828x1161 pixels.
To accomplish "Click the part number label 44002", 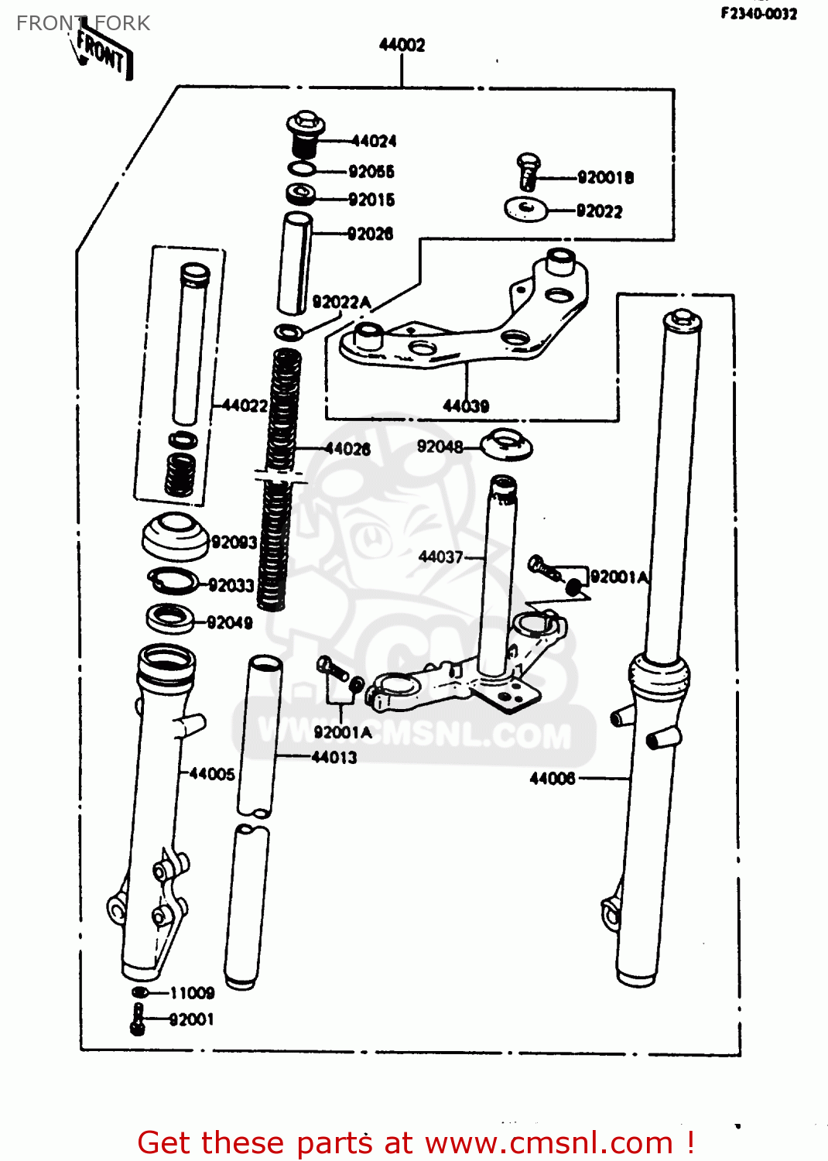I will tap(402, 45).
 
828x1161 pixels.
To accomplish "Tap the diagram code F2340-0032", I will tap(758, 13).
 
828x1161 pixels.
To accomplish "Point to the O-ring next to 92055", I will tap(302, 170).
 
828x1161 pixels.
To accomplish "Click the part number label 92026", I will tap(370, 234).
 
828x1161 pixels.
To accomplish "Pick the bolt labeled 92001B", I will tap(527, 172).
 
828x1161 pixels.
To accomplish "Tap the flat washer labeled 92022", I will tap(525, 209).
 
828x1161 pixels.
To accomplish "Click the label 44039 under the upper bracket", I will tap(465, 406).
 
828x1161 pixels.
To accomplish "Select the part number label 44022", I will tap(245, 405).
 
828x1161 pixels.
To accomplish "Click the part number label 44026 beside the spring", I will tap(347, 449).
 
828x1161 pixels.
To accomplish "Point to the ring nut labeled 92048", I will tap(506, 446).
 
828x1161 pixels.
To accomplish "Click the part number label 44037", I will tap(440, 557).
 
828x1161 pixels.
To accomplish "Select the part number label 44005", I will tap(211, 774).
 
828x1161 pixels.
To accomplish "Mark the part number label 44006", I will tap(552, 779).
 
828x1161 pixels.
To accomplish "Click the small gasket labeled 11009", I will tap(140, 992).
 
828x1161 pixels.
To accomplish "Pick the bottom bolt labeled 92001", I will tap(138, 1019).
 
